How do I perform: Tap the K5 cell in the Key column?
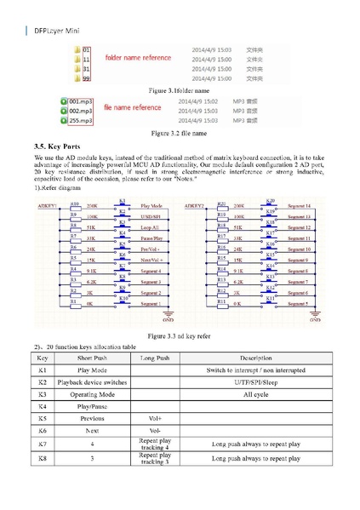43,419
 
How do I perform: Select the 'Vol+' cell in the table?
155,419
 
